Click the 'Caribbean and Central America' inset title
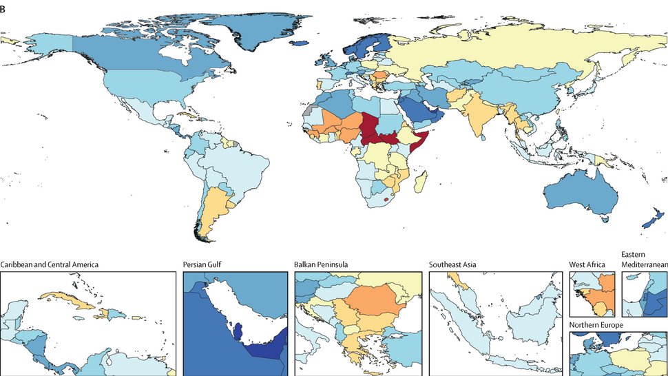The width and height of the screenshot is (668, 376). click(x=50, y=264)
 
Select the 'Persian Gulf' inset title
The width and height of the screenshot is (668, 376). click(x=206, y=264)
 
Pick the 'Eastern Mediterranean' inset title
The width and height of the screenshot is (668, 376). click(x=643, y=259)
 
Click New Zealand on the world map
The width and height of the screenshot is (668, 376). click(x=648, y=222)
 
